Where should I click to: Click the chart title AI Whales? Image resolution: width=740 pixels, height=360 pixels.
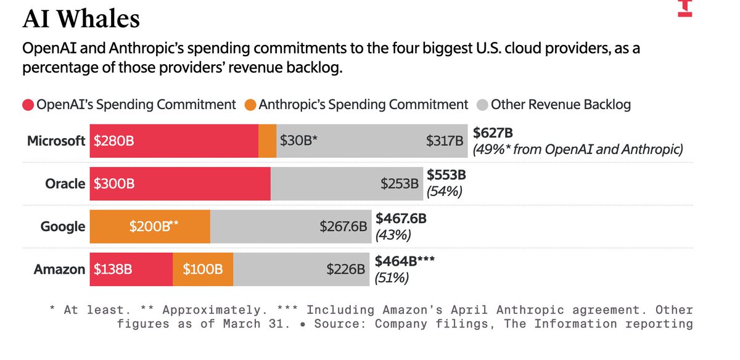[81, 18]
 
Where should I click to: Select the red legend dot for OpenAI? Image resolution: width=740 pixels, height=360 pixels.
[28, 105]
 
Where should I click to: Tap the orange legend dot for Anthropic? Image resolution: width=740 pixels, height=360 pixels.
[250, 105]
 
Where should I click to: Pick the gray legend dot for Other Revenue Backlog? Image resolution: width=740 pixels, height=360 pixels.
[483, 105]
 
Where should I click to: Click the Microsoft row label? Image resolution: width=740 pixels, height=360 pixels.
[56, 141]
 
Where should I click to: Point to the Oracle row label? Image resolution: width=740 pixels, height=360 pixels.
[65, 184]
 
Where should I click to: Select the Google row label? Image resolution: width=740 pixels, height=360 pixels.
[63, 227]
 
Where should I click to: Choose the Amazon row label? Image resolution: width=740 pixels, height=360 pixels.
[59, 269]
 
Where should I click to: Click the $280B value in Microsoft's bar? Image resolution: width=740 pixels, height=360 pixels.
[114, 141]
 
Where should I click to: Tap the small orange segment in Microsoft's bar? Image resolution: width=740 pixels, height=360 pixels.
[267, 141]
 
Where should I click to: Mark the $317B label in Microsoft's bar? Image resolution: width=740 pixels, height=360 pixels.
[445, 141]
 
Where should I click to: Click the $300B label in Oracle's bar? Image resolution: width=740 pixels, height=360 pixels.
[114, 184]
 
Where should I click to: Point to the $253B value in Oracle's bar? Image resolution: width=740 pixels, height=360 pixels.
[400, 184]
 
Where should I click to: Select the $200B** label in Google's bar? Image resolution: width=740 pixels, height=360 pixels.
[154, 226]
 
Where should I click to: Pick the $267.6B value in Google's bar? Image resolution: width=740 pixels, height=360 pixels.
[343, 227]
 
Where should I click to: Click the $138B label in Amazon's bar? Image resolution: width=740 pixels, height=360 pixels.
[113, 269]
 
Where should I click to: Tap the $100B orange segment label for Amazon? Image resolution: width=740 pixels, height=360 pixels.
[203, 269]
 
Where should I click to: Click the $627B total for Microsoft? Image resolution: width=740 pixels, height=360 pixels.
[493, 133]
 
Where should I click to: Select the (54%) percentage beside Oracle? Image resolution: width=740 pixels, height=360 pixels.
[445, 192]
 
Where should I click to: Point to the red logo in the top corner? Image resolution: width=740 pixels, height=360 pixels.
[685, 8]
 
